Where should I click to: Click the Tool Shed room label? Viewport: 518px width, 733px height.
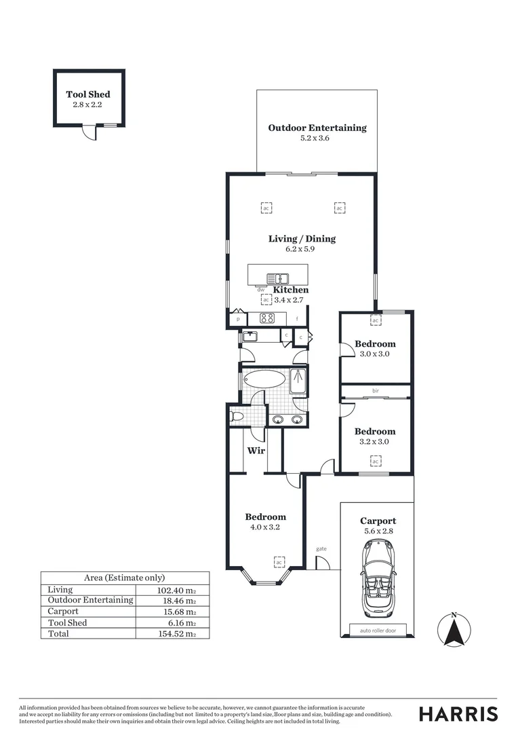[88, 94]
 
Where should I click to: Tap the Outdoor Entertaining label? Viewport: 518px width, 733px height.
[317, 128]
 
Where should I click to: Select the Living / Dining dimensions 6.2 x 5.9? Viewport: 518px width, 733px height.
[300, 249]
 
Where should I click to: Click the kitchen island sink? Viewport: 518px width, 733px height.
[277, 278]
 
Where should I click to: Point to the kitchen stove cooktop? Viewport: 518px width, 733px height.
[268, 318]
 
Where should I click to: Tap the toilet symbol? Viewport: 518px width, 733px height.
[237, 416]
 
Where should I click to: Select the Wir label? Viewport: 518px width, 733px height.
[256, 451]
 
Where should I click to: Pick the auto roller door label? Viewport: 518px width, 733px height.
[378, 631]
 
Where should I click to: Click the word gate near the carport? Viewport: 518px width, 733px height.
[321, 548]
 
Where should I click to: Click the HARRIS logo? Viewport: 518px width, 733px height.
[458, 713]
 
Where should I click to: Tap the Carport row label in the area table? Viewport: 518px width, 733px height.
[64, 612]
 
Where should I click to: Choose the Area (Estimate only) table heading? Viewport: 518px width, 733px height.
[125, 578]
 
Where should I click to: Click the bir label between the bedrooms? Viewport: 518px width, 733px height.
[375, 390]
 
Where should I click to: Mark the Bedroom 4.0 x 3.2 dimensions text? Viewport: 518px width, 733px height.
[265, 527]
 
